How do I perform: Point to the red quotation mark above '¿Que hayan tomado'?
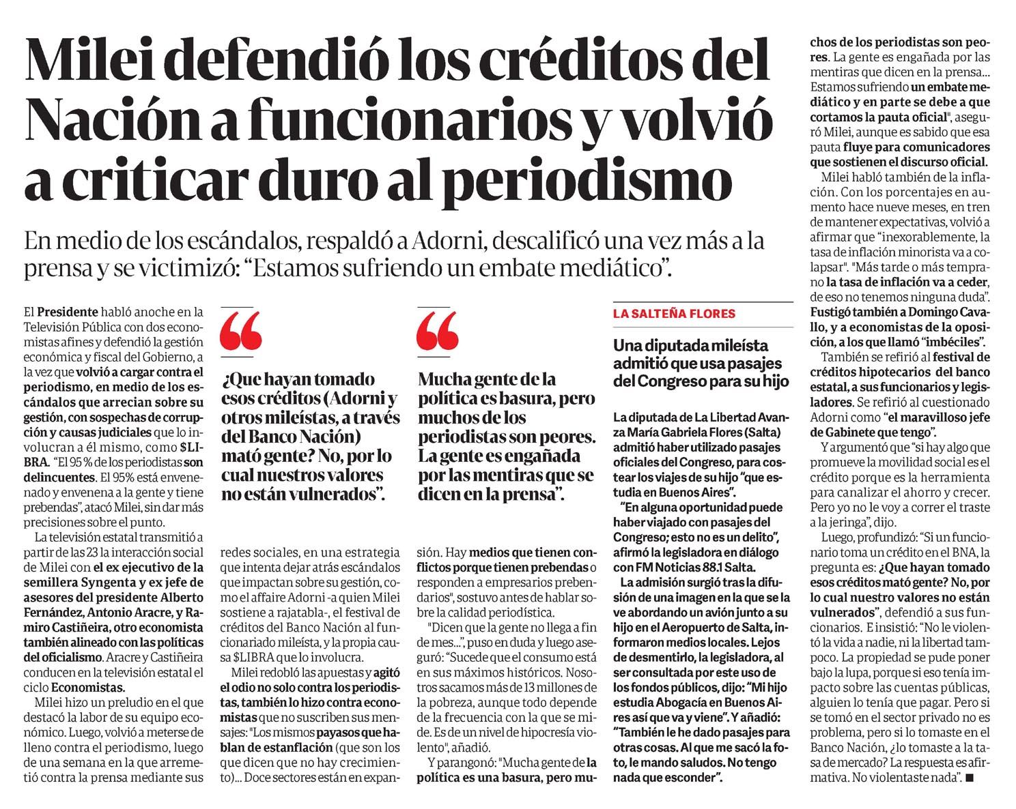[x=242, y=332]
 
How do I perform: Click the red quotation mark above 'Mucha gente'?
[x=437, y=332]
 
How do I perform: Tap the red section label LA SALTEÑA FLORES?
[x=673, y=314]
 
